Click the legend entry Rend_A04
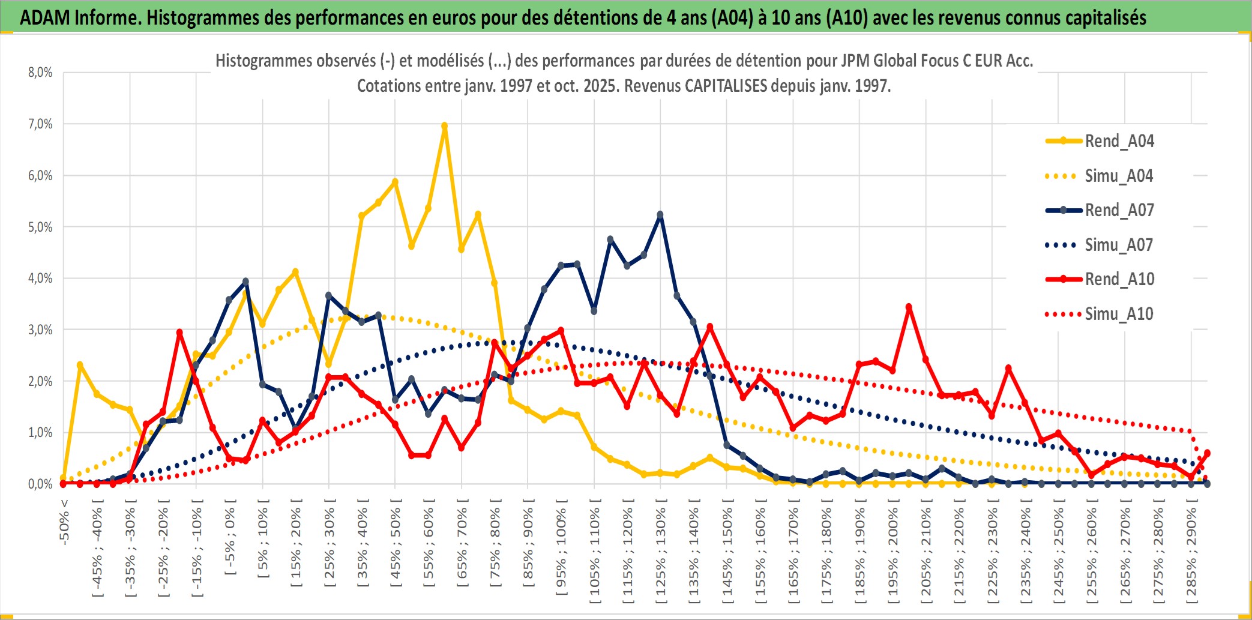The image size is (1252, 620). pyautogui.click(x=1119, y=141)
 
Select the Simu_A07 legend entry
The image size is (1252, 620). pyautogui.click(x=1119, y=245)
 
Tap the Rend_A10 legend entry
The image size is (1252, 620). pyautogui.click(x=1119, y=279)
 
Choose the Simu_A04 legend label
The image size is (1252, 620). pyautogui.click(x=1119, y=176)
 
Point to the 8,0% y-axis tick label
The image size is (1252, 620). pyautogui.click(x=40, y=73)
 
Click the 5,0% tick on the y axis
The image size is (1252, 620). pyautogui.click(x=40, y=227)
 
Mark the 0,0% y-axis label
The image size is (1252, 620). pyautogui.click(x=40, y=484)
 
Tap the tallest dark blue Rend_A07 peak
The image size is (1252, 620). pyautogui.click(x=660, y=215)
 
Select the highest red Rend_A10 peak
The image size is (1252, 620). pyautogui.click(x=909, y=307)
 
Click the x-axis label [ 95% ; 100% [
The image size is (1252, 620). pyautogui.click(x=561, y=552)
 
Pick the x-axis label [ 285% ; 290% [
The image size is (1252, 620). pyautogui.click(x=1191, y=555)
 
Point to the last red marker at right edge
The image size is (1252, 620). pyautogui.click(x=1207, y=453)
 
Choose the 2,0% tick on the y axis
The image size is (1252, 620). pyautogui.click(x=40, y=381)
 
